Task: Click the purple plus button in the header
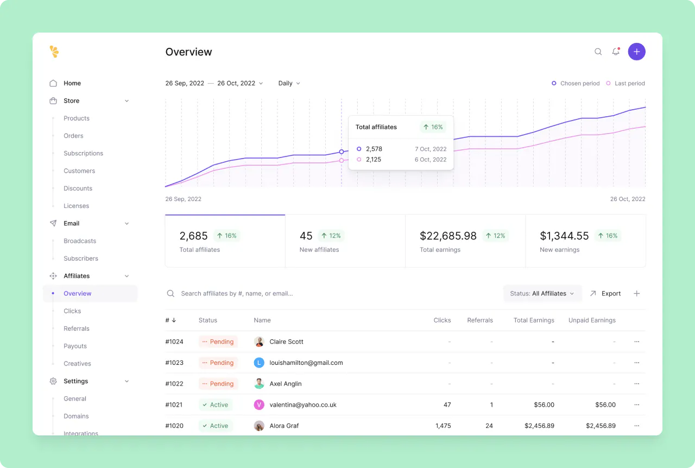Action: coord(637,52)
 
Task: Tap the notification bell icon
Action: coord(616,52)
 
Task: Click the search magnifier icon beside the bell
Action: coord(598,52)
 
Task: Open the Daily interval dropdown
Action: coord(289,83)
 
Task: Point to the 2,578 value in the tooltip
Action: coord(374,149)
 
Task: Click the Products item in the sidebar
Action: coord(77,118)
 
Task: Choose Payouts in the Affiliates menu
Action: coord(75,346)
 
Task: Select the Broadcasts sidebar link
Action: coord(80,241)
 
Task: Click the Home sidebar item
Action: coord(72,83)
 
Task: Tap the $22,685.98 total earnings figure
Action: coord(448,236)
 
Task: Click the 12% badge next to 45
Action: coord(331,236)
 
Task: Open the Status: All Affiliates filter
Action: coord(542,293)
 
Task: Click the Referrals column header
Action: coord(480,320)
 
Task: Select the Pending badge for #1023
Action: coord(218,363)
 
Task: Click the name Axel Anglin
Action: coord(286,384)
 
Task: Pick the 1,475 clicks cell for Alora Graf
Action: coord(443,426)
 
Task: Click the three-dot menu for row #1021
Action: coord(636,404)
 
